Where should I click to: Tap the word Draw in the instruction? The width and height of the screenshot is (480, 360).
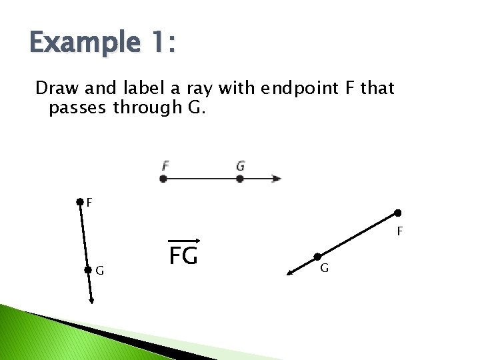[x=53, y=88]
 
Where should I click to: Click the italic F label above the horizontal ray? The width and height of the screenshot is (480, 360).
[x=165, y=165]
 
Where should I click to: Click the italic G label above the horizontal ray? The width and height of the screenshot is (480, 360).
[x=240, y=165]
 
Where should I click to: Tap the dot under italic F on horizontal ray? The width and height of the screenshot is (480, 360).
[x=163, y=179]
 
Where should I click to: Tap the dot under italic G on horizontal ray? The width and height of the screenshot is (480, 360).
[x=240, y=179]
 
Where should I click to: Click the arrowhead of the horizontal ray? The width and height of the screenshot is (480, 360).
[x=277, y=179]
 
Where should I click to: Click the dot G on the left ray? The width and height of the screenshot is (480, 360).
[x=87, y=270]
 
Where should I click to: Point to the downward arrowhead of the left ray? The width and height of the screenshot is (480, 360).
[x=91, y=301]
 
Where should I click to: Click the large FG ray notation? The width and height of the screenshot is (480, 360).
[x=183, y=254]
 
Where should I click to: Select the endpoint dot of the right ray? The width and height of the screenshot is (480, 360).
[x=397, y=213]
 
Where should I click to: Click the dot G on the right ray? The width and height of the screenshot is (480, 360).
[x=317, y=256]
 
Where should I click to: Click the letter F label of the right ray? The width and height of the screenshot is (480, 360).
[x=399, y=232]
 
